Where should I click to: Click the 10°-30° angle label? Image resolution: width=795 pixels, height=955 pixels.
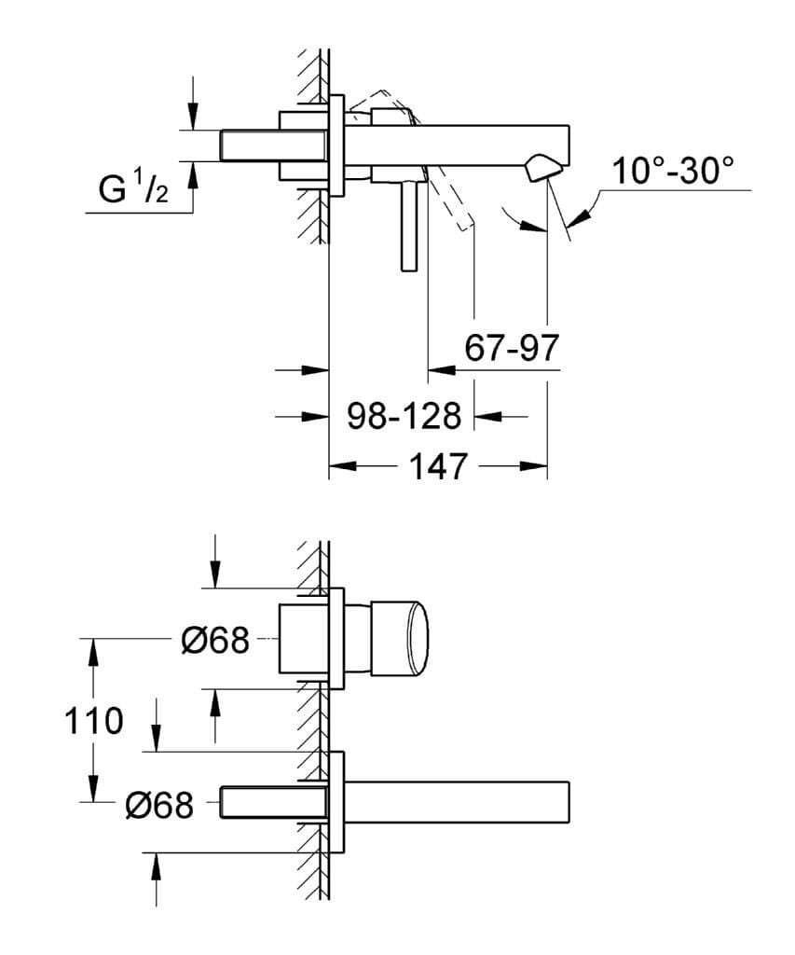pos(673,171)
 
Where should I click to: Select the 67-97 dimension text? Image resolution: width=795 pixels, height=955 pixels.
pos(511,348)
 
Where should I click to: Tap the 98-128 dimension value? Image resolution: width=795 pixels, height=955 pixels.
pos(404,416)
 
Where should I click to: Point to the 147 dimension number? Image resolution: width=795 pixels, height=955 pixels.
pos(437,466)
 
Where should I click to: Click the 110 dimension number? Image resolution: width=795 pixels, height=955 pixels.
pos(92,720)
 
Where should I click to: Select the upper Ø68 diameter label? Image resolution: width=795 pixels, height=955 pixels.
pos(215,641)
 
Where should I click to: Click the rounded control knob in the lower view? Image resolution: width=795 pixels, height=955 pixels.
pos(401,639)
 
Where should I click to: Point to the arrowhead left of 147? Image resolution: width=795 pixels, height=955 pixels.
pos(340,466)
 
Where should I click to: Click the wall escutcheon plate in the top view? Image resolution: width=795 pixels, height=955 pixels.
pos(337,145)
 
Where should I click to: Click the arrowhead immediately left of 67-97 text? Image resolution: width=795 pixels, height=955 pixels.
pos(439,369)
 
